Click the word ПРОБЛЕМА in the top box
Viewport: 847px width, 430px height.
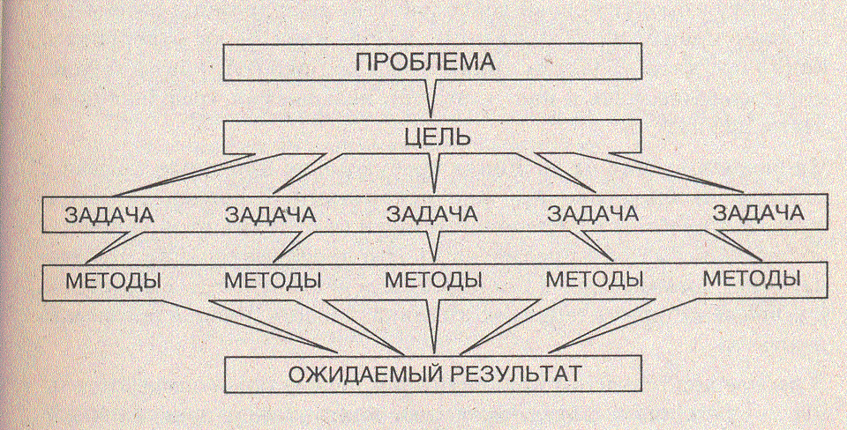tap(426, 63)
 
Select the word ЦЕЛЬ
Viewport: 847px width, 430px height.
tap(432, 137)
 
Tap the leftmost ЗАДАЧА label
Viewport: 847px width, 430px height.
tap(108, 214)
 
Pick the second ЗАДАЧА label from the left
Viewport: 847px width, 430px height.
tap(272, 214)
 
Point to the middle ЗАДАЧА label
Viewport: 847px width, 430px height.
tap(432, 214)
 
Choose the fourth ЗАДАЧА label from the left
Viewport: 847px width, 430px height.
tap(593, 214)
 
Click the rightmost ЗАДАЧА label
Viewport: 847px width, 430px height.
tap(757, 214)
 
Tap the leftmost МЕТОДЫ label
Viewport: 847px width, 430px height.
tap(113, 280)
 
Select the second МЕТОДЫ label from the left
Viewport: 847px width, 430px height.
tap(272, 280)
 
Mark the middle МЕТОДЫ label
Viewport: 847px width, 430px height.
tap(433, 280)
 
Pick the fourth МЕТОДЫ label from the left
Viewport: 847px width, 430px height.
tap(593, 280)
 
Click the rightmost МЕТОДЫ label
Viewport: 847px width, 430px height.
tap(752, 280)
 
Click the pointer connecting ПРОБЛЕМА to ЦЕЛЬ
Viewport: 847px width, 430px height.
tap(430, 98)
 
